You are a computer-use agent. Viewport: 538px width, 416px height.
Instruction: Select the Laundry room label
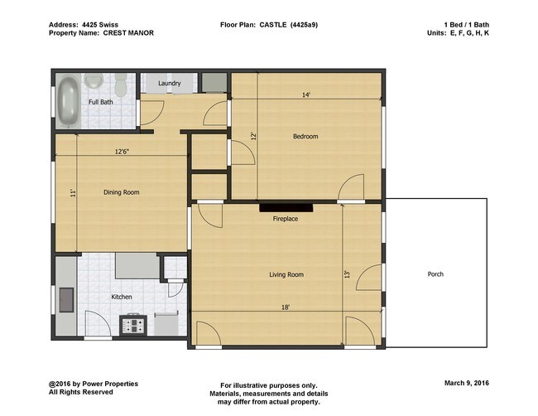pos(169,83)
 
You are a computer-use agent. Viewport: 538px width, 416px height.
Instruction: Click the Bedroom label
pos(305,137)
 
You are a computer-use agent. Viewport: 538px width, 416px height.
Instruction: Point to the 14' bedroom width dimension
pos(305,95)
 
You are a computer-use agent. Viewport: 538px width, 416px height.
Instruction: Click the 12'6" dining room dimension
pos(121,151)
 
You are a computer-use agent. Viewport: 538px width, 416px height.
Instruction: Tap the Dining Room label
pos(121,192)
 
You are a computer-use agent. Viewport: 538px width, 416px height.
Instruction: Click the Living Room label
pos(286,274)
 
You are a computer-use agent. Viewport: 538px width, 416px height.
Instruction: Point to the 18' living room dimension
pos(285,307)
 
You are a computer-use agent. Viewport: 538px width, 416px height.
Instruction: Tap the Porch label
pos(435,274)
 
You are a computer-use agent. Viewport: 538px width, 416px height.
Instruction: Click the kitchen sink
pos(65,297)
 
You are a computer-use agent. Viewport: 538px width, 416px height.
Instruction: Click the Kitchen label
pos(121,297)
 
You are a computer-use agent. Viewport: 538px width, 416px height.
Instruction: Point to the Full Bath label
pos(101,102)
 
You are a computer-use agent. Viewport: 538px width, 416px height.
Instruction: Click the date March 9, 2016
pos(466,385)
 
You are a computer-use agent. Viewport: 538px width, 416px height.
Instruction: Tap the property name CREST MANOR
pos(128,33)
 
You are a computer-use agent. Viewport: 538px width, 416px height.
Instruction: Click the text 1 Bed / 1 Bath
pos(466,25)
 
